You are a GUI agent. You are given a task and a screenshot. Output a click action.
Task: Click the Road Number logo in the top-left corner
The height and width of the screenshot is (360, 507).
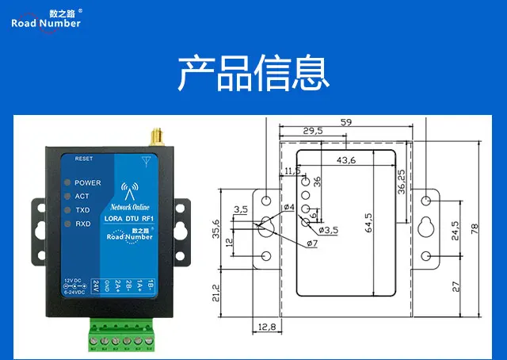[x=46, y=19]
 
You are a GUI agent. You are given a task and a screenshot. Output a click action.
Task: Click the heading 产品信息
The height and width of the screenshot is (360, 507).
[x=253, y=73]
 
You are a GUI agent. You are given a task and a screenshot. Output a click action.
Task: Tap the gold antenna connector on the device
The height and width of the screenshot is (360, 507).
[x=157, y=141]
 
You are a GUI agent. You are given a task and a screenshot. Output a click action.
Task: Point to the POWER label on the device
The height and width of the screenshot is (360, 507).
[x=88, y=182]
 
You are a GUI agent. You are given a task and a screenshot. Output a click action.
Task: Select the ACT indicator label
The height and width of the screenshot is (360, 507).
[x=82, y=196]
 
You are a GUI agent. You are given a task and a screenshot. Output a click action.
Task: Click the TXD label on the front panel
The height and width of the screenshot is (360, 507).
[x=82, y=210]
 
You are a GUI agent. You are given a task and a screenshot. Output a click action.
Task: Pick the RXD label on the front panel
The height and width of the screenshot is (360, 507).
[x=82, y=224]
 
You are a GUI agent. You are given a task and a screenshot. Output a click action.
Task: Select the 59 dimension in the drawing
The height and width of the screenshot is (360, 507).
[x=346, y=123]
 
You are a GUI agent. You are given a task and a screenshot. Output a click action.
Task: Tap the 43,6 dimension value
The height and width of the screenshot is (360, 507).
[x=346, y=160]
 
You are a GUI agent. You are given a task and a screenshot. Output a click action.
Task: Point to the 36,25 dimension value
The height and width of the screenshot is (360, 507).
[x=402, y=182]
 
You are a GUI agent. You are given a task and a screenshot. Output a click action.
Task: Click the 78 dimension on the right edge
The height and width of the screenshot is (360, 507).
[x=475, y=228]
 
